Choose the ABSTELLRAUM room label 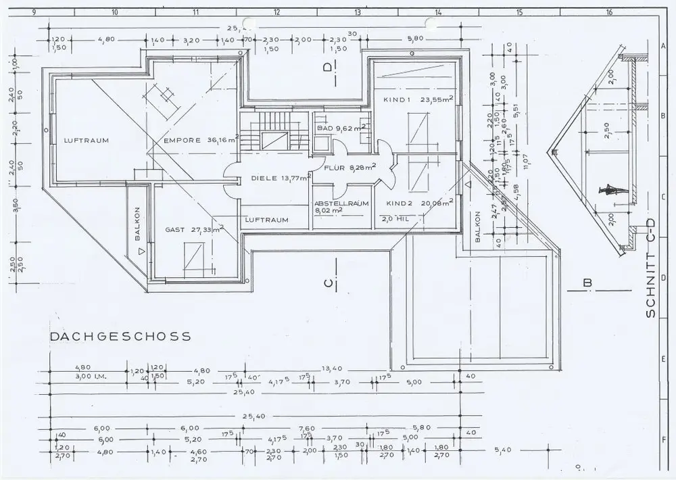pyautogui.click(x=340, y=203)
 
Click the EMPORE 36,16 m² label pyautogui.click(x=201, y=141)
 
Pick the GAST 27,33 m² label pyautogui.click(x=194, y=230)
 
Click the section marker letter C pyautogui.click(x=328, y=284)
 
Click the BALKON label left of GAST pyautogui.click(x=137, y=223)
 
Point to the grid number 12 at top pyautogui.click(x=276, y=11)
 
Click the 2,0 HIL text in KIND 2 pyautogui.click(x=397, y=219)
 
